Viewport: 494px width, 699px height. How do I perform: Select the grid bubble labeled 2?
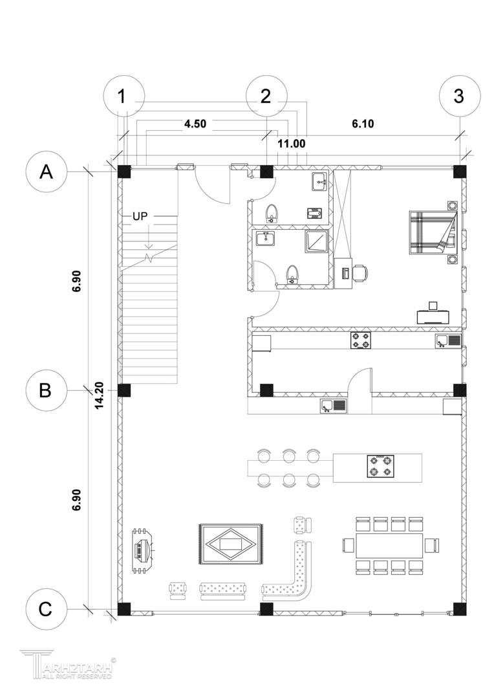[x=266, y=96]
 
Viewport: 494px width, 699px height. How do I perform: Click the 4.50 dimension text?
[x=195, y=124]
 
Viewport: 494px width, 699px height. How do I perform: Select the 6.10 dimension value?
[x=363, y=124]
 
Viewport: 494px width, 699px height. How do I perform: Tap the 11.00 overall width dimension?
[x=292, y=144]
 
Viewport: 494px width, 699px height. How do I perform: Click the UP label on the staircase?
[x=140, y=217]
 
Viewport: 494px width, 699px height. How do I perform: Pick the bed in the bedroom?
[x=433, y=233]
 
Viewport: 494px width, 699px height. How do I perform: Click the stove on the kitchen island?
[x=381, y=466]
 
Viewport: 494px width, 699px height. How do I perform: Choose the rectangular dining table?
[x=390, y=545]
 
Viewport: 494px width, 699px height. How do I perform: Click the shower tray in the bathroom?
[x=317, y=241]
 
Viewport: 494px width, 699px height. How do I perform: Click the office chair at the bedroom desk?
[x=360, y=273]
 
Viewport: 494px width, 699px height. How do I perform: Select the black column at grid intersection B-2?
[x=266, y=390]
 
